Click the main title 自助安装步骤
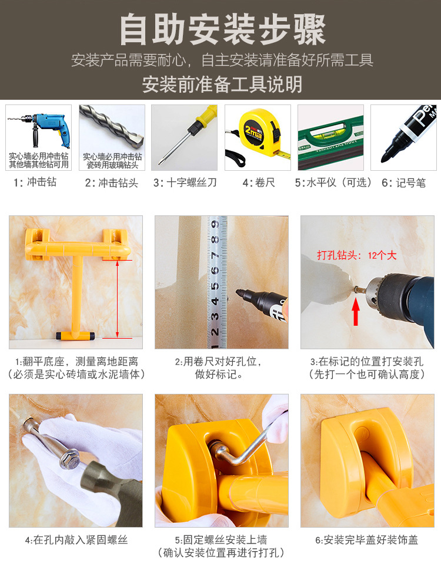[x=223, y=29]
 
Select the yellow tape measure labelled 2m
[x=260, y=133]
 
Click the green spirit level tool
[x=330, y=143]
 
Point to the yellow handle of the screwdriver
[x=204, y=118]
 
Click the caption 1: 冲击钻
[x=36, y=182]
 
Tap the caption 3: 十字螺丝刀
[x=185, y=183]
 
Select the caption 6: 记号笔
[x=403, y=183]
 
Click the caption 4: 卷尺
[x=259, y=183]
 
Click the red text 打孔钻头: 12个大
[x=356, y=255]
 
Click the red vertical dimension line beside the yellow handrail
[x=118, y=299]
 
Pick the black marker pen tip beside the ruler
[x=239, y=293]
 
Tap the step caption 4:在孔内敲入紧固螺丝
[x=76, y=539]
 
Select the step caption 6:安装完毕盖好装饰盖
[x=366, y=539]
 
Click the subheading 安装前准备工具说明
[x=222, y=84]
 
